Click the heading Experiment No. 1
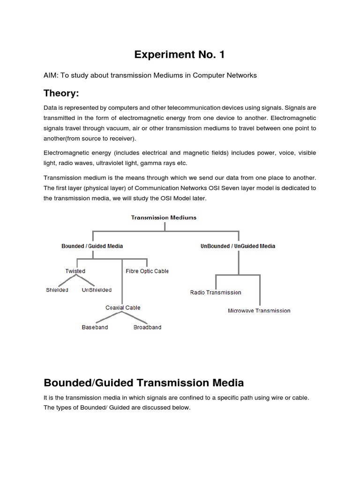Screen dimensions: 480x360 click(180, 55)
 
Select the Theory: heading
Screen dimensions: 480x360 click(61, 93)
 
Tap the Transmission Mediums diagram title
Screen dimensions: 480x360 click(164, 217)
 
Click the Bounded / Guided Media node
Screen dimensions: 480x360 click(92, 246)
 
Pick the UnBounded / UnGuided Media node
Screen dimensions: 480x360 click(238, 246)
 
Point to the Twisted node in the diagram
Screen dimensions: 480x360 click(75, 271)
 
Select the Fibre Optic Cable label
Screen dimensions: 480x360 click(147, 271)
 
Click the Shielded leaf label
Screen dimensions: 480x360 click(57, 290)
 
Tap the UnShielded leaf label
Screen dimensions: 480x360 click(96, 290)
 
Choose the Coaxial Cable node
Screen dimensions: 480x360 click(123, 307)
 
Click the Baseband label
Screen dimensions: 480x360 click(95, 327)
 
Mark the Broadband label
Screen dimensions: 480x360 click(147, 327)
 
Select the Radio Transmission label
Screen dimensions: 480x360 click(216, 292)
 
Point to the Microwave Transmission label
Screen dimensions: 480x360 click(259, 311)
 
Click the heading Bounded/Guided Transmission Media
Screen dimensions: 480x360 click(143, 383)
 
